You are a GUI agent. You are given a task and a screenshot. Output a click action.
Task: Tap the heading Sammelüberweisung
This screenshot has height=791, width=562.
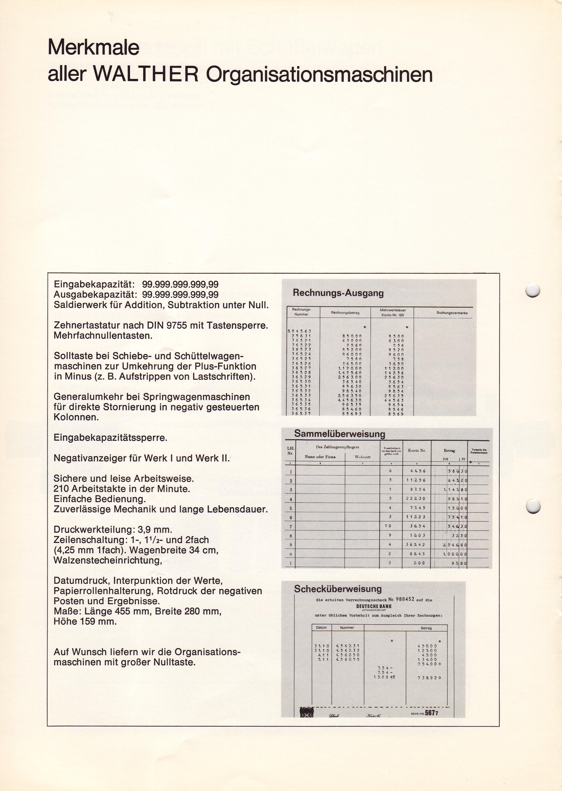339,434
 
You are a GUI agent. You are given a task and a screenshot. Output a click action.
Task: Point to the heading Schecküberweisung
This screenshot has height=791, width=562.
338,589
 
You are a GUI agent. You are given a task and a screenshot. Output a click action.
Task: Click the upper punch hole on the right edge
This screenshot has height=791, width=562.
533,290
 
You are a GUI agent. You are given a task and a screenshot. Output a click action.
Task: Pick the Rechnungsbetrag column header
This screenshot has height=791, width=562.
345,313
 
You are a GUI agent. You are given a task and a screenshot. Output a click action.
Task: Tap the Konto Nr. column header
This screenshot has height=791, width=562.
417,451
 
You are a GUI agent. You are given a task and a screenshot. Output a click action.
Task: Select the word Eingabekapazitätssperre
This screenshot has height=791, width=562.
110,438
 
